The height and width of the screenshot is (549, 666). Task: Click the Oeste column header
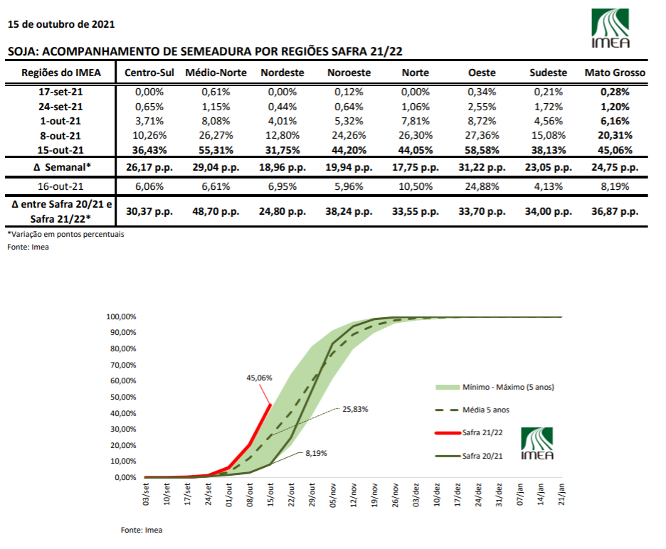click(x=482, y=73)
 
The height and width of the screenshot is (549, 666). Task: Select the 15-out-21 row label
click(x=60, y=150)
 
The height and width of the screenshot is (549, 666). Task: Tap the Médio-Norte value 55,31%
click(x=216, y=150)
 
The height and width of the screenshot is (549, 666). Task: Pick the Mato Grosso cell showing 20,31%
click(x=615, y=135)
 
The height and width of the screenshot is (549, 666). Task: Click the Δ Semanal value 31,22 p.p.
click(x=482, y=167)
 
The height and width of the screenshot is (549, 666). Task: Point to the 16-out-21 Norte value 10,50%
click(x=416, y=186)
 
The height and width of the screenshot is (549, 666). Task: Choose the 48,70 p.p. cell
click(x=216, y=211)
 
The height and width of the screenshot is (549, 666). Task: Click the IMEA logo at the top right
click(x=610, y=28)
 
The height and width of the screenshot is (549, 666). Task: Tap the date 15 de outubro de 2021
click(x=61, y=24)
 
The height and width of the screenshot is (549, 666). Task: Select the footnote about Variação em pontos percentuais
click(x=66, y=234)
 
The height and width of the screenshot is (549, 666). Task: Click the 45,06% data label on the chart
click(x=259, y=378)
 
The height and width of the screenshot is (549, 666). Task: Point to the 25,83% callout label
click(x=355, y=410)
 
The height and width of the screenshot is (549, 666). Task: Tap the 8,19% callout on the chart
click(x=316, y=454)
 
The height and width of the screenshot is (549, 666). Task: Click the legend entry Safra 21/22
click(x=469, y=432)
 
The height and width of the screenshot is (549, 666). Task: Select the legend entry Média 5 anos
click(x=472, y=410)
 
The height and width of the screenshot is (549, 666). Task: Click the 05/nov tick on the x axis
click(x=333, y=495)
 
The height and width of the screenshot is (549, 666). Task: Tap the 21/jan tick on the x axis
click(x=561, y=494)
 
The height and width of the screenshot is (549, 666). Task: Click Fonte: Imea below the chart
click(x=142, y=530)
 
